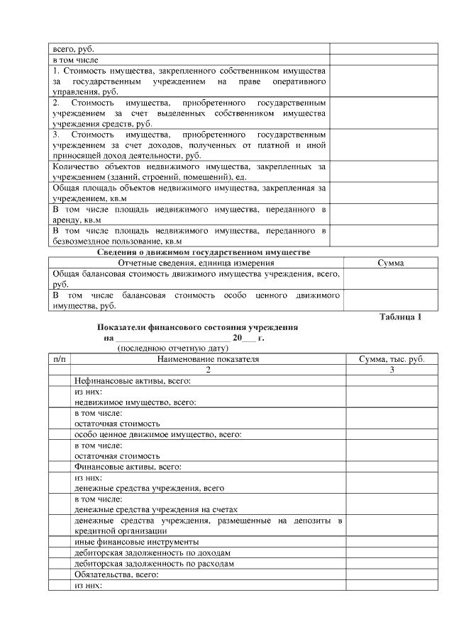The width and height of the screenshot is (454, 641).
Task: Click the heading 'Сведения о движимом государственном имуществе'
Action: (x=204, y=252)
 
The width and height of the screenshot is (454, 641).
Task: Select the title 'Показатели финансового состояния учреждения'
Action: (x=196, y=327)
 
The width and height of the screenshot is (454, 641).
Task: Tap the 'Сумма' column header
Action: (x=390, y=263)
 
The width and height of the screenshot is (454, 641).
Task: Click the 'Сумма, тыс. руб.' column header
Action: (x=392, y=360)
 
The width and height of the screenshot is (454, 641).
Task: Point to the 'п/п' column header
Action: (x=60, y=360)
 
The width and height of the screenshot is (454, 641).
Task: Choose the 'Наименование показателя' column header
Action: (x=208, y=360)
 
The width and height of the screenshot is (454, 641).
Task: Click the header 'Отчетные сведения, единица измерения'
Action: (x=196, y=263)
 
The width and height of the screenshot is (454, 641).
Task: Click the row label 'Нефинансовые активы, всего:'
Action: (x=133, y=381)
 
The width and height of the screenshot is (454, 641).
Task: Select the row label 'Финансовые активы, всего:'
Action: (x=128, y=467)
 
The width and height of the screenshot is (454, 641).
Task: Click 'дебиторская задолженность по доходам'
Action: (x=153, y=552)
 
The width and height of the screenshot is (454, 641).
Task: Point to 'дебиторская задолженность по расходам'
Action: (x=154, y=564)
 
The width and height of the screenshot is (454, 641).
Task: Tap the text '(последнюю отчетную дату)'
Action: (x=172, y=348)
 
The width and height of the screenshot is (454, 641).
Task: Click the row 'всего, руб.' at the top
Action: (x=72, y=50)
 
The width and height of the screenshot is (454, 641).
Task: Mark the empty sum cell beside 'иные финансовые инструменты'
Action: (x=392, y=542)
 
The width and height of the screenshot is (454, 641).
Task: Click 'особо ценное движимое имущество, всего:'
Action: (x=158, y=434)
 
